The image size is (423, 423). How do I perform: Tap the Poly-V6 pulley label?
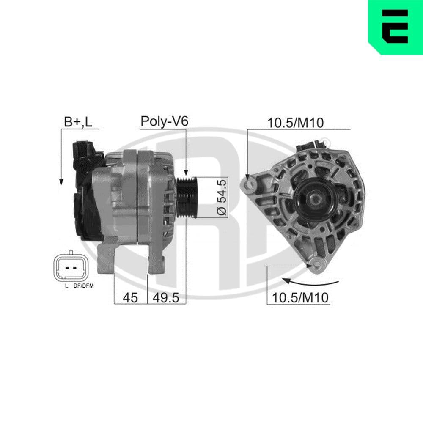[x=164, y=121]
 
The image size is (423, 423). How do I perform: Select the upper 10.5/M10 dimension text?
[x=296, y=123]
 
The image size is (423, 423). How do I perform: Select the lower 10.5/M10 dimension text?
[x=300, y=297]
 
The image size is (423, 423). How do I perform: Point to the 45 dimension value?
[x=130, y=298]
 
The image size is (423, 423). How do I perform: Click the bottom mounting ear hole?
[x=315, y=265]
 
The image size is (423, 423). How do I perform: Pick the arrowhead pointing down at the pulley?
[x=186, y=173]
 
